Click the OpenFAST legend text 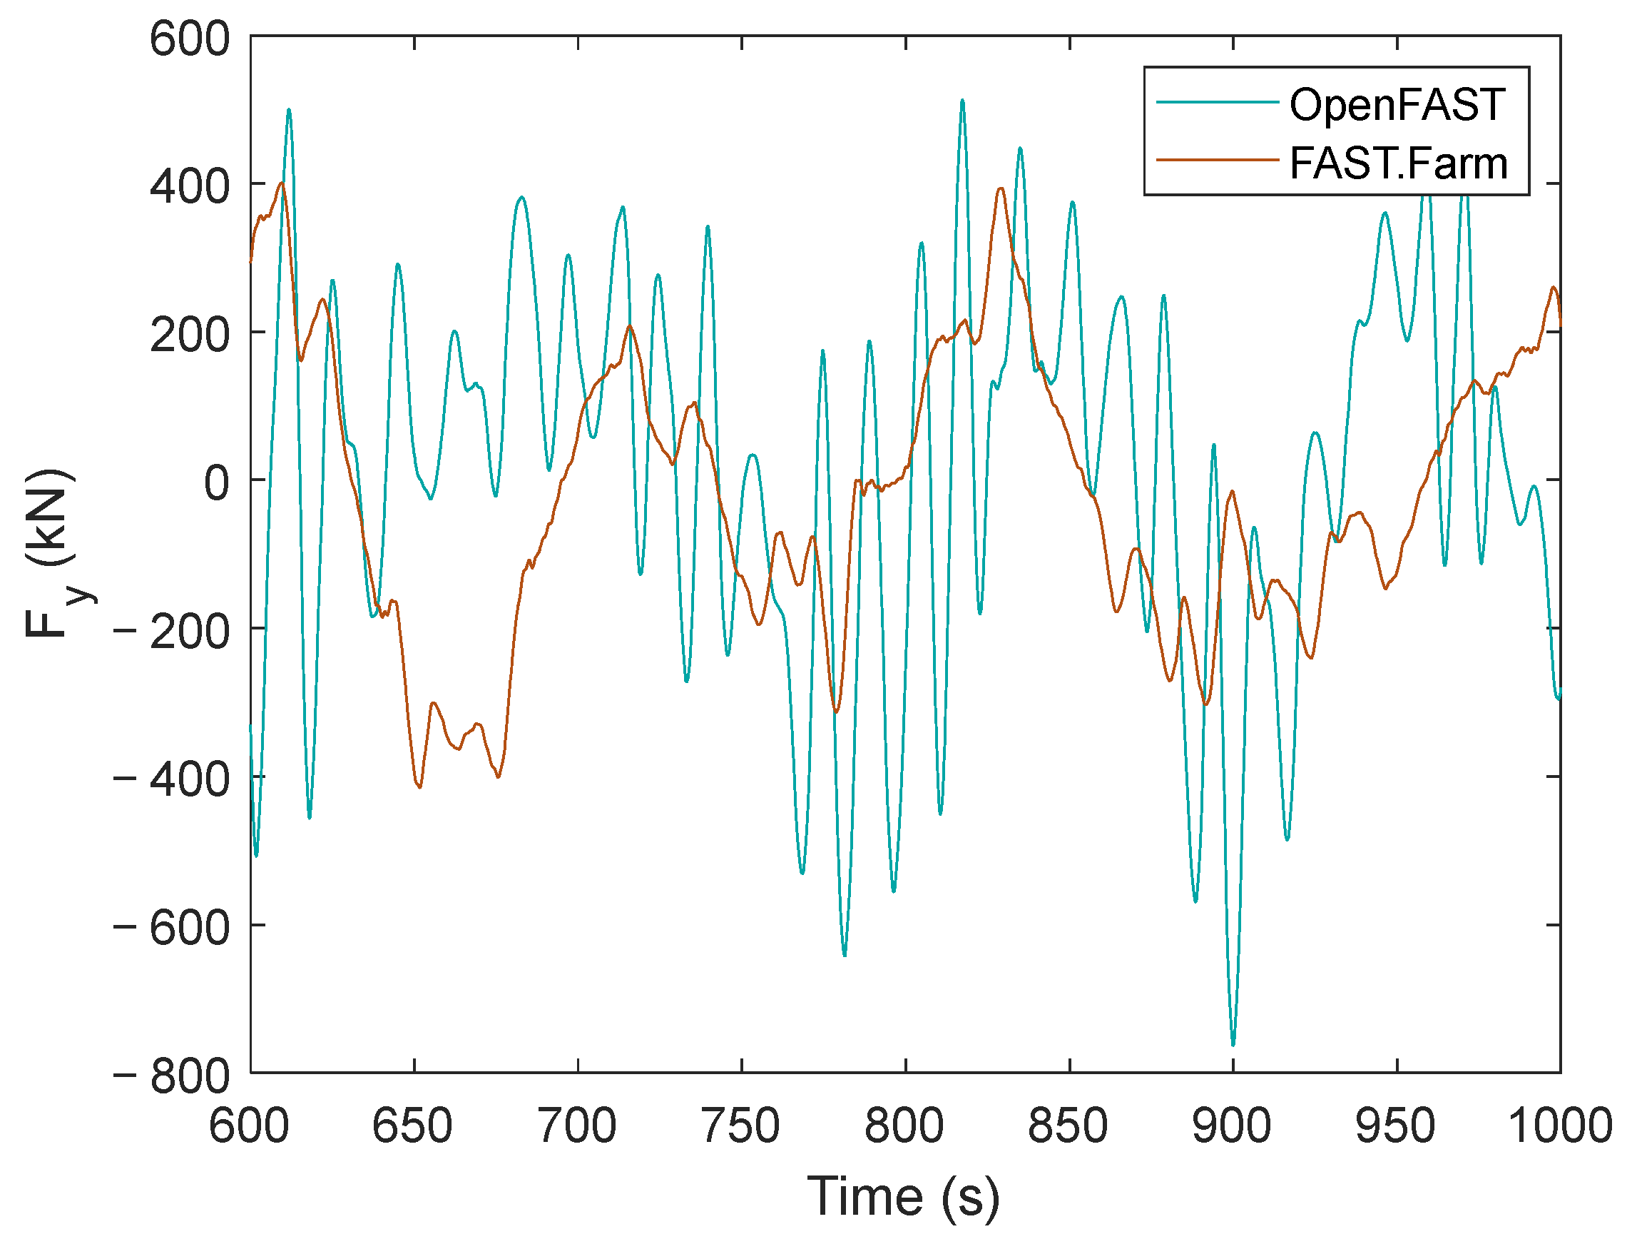point(1397,104)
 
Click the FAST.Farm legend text point(1398,163)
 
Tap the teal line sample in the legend point(1218,102)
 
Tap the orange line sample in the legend point(1218,159)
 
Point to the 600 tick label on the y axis point(190,39)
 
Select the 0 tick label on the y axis point(217,483)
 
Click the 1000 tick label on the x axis point(1559,1126)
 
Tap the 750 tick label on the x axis point(741,1126)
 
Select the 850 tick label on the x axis point(1068,1126)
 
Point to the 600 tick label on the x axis point(249,1126)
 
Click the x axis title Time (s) point(903,1197)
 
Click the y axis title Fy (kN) point(52,554)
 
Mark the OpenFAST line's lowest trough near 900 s point(1233,1045)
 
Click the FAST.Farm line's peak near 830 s point(1001,188)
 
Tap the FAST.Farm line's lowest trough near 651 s point(419,787)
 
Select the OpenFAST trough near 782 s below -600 point(845,955)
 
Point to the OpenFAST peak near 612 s point(289,110)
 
